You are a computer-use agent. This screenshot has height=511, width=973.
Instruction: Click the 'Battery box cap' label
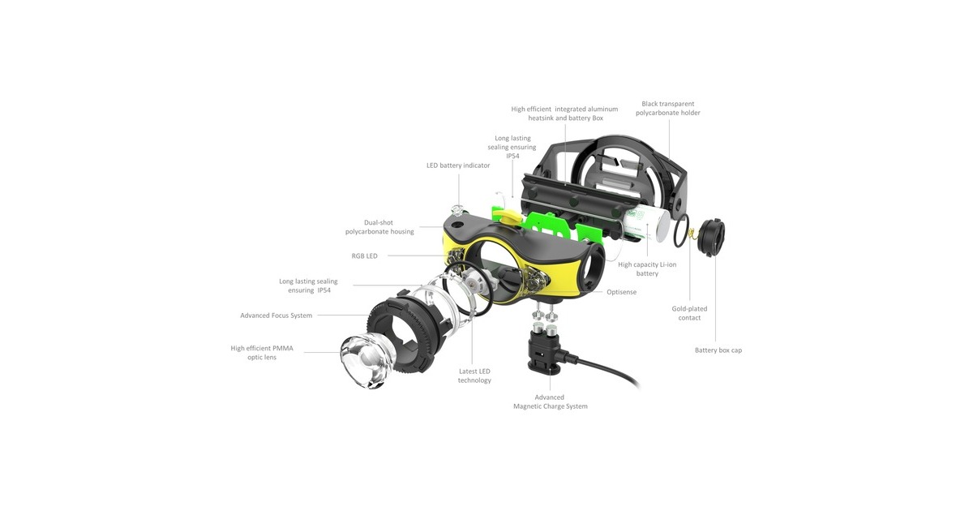(x=718, y=350)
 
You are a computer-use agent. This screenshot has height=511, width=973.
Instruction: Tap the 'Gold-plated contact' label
(x=689, y=313)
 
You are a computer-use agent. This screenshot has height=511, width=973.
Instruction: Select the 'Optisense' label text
(x=622, y=292)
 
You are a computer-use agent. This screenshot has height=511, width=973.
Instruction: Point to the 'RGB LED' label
(x=364, y=256)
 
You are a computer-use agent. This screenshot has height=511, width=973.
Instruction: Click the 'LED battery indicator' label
(x=458, y=165)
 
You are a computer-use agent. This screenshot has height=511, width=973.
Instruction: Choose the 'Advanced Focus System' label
(x=276, y=316)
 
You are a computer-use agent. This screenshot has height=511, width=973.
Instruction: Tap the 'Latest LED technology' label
(x=474, y=376)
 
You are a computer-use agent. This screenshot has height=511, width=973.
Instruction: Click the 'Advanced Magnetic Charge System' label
(x=550, y=402)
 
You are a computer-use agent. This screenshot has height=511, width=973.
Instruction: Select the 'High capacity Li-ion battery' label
(x=647, y=269)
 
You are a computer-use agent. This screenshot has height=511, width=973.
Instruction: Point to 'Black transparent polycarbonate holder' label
(x=667, y=108)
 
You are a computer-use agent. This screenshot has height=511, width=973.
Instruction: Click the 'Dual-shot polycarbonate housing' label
(x=379, y=227)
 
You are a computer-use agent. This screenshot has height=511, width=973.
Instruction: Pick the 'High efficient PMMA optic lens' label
(x=261, y=353)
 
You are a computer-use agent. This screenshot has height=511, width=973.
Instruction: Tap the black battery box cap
(x=711, y=237)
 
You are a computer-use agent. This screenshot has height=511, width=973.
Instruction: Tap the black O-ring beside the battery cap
(x=682, y=230)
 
